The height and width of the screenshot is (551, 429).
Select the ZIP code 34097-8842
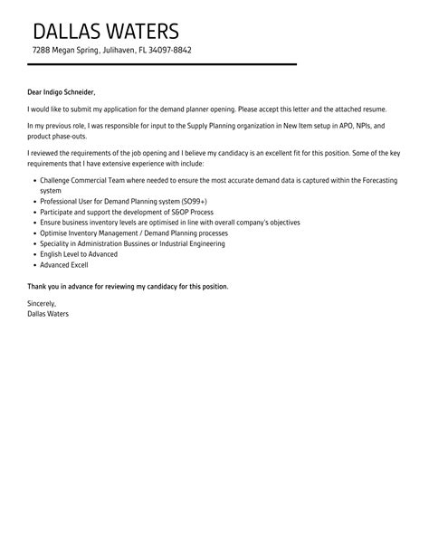(x=169, y=51)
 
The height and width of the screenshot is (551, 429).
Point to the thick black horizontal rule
(x=162, y=65)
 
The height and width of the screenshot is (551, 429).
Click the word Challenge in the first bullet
(x=58, y=181)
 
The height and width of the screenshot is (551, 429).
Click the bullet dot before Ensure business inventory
(x=33, y=222)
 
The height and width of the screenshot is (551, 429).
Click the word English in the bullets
(x=52, y=254)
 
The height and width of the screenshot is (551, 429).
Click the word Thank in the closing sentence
(x=38, y=286)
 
